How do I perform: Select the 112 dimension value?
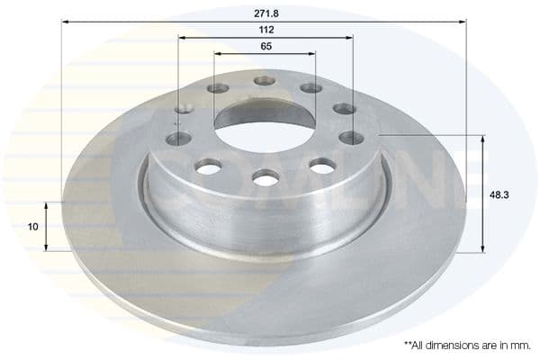[265, 30]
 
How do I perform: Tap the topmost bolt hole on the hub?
[265, 80]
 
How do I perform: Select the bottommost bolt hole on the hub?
[265, 180]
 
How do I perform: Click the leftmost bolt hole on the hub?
[178, 139]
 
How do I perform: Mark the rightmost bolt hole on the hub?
[351, 138]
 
